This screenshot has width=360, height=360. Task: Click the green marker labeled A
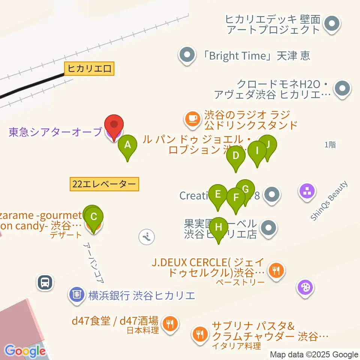tap(127, 145)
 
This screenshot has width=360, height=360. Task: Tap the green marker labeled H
tap(218, 227)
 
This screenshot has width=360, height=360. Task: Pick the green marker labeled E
tap(217, 195)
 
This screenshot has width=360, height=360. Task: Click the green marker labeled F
tap(236, 198)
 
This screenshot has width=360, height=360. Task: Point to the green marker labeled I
tap(257, 151)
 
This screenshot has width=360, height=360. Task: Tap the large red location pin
tap(114, 124)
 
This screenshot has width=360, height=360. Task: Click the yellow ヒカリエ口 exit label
tap(89, 69)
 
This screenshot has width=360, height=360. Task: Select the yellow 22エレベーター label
tap(104, 184)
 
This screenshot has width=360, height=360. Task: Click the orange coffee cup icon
tap(192, 119)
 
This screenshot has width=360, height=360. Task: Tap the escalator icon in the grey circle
tap(146, 237)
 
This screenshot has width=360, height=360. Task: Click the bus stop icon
tap(45, 282)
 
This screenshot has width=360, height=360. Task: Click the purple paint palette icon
tap(306, 288)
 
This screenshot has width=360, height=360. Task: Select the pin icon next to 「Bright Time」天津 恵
tap(187, 55)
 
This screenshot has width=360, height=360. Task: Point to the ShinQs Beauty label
tap(329, 201)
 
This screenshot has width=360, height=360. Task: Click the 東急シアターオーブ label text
tap(55, 132)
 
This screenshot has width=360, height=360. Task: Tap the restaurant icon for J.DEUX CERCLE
tap(277, 269)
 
